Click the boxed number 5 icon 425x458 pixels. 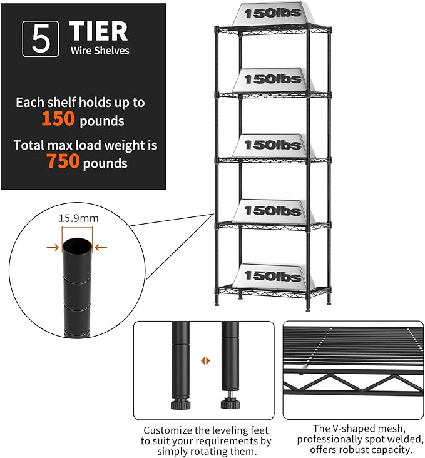click(x=41, y=39)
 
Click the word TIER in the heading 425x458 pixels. click(x=98, y=31)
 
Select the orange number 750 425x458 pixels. click(x=63, y=162)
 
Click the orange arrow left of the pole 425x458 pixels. click(x=53, y=248)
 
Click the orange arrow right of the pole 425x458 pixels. click(x=101, y=248)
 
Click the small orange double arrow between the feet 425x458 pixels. click(x=204, y=361)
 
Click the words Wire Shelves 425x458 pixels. click(x=100, y=50)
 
